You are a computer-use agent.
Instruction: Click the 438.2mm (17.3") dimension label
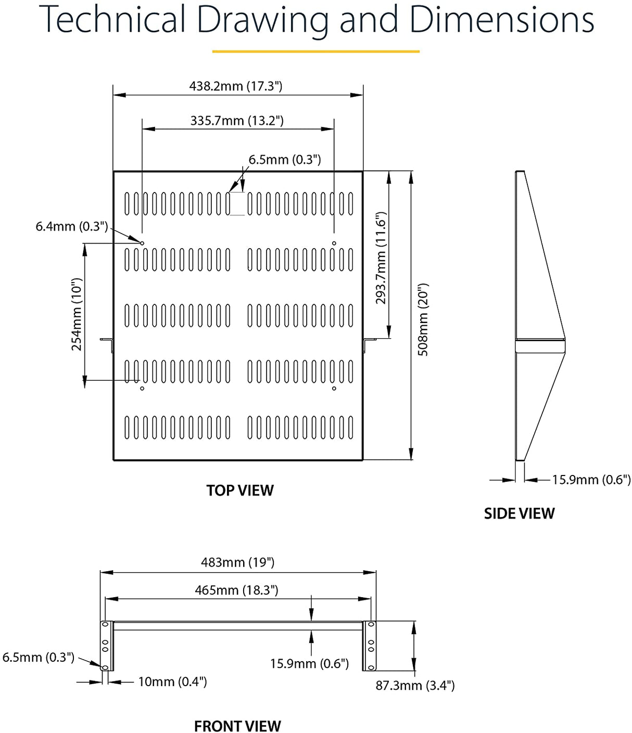coord(236,86)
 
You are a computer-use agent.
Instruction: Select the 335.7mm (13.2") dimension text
coord(237,121)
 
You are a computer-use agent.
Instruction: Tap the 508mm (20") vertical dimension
coord(423,319)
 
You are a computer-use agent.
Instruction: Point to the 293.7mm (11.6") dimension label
coord(381,258)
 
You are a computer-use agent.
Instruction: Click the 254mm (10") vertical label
coord(77,314)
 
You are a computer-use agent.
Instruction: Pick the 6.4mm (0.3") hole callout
coord(72,226)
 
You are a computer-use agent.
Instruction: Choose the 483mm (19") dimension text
coord(237,562)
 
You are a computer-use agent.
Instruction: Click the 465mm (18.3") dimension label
coord(236,590)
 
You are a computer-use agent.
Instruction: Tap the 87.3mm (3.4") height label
coord(415,685)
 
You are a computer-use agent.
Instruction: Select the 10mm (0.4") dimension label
coord(172,681)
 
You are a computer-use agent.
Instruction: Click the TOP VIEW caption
coord(239,491)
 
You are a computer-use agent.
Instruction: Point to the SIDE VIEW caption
coord(519,513)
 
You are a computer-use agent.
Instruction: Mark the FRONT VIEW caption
coord(237,726)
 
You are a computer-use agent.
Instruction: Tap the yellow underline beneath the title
coord(315,52)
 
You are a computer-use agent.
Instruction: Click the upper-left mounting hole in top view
coord(142,243)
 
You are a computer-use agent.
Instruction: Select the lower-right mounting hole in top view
coord(334,388)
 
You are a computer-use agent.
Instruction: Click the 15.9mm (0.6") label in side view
coord(591,480)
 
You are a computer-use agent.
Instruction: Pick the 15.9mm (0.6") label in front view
coord(309,664)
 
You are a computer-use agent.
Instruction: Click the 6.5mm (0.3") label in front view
coord(39,657)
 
